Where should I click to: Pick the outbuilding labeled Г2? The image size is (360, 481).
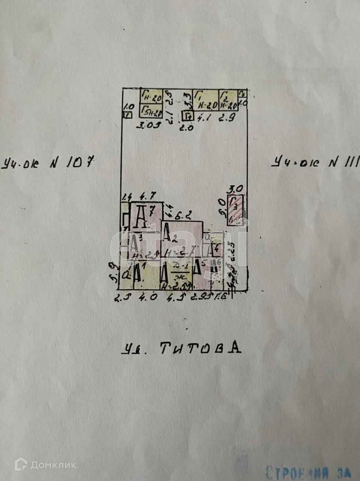pyautogui.click(x=228, y=100)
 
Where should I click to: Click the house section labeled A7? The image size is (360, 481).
pyautogui.click(x=146, y=216)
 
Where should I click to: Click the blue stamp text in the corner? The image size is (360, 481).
pyautogui.click(x=308, y=472)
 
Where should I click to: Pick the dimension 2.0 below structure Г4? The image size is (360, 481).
pyautogui.click(x=187, y=127)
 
